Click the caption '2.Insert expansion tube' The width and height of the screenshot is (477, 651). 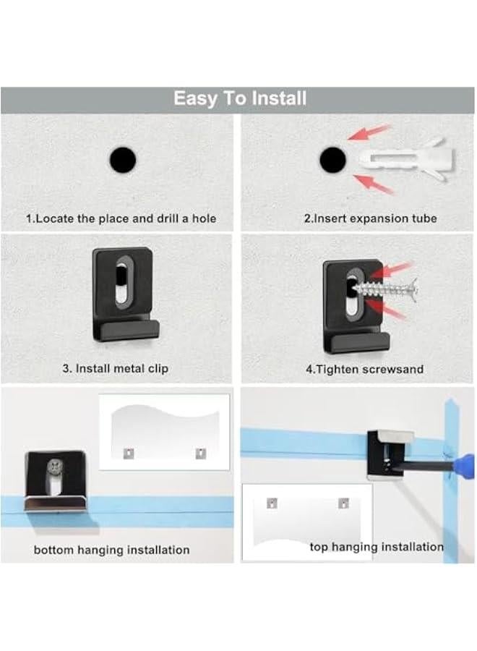(370, 218)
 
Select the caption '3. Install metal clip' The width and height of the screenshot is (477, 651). (115, 368)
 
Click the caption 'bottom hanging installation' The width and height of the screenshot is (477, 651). (111, 550)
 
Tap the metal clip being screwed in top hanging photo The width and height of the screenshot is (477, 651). (390, 454)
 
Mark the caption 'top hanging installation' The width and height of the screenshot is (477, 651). (377, 547)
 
